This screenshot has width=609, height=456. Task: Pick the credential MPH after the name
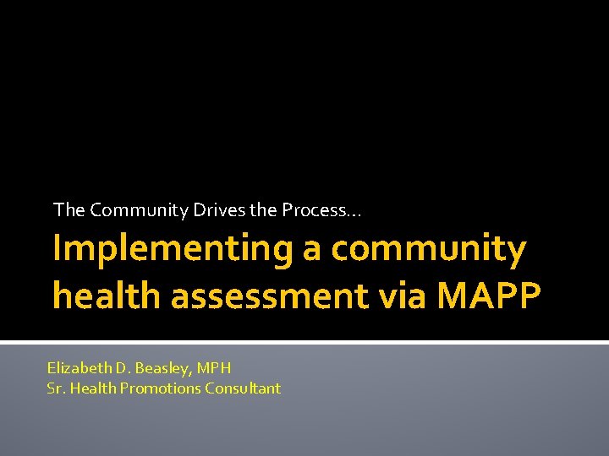[213, 368]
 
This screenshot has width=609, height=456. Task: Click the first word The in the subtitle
[69, 209]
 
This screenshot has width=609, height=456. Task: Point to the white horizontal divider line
[304, 342]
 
